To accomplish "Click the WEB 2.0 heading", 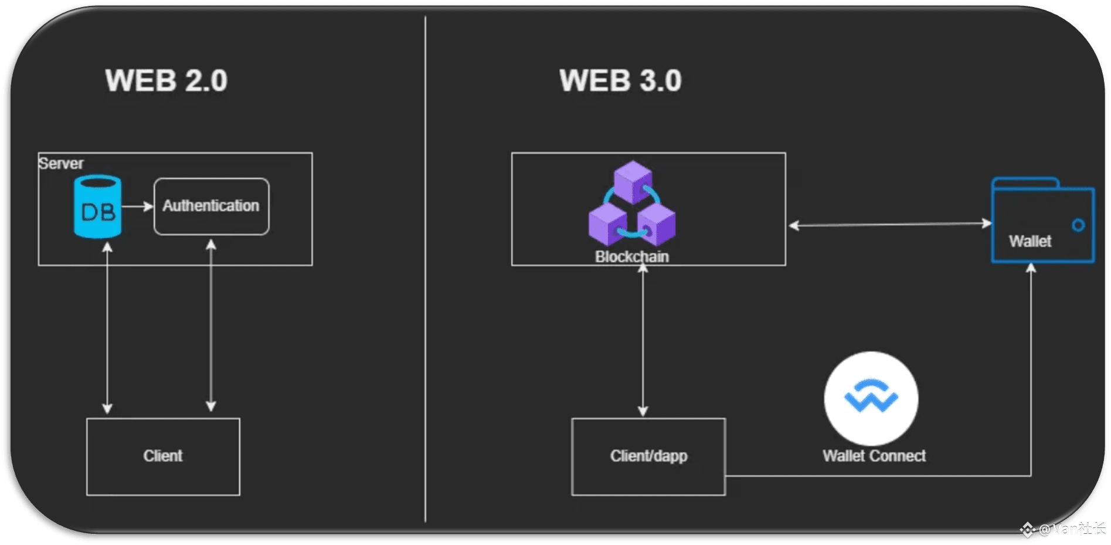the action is coord(167,80).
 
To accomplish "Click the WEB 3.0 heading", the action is coord(620,80).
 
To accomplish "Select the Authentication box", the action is coord(212,207).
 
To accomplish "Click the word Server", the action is coord(61,163).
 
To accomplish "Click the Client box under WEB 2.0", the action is coord(163,456).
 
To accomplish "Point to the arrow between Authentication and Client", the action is coord(211,325).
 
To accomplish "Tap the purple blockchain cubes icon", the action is coord(632,204).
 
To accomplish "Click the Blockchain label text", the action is coord(632,256).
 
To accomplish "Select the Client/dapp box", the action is coord(648,456).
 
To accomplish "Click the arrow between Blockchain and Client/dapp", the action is coord(643,340).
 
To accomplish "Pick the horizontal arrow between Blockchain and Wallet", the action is coord(890,224).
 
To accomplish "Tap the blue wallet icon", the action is coord(1042,220).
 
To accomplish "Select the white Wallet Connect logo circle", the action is coord(871,398).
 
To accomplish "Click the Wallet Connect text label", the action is coord(874,456).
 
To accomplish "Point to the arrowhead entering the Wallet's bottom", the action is coord(1031,268).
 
